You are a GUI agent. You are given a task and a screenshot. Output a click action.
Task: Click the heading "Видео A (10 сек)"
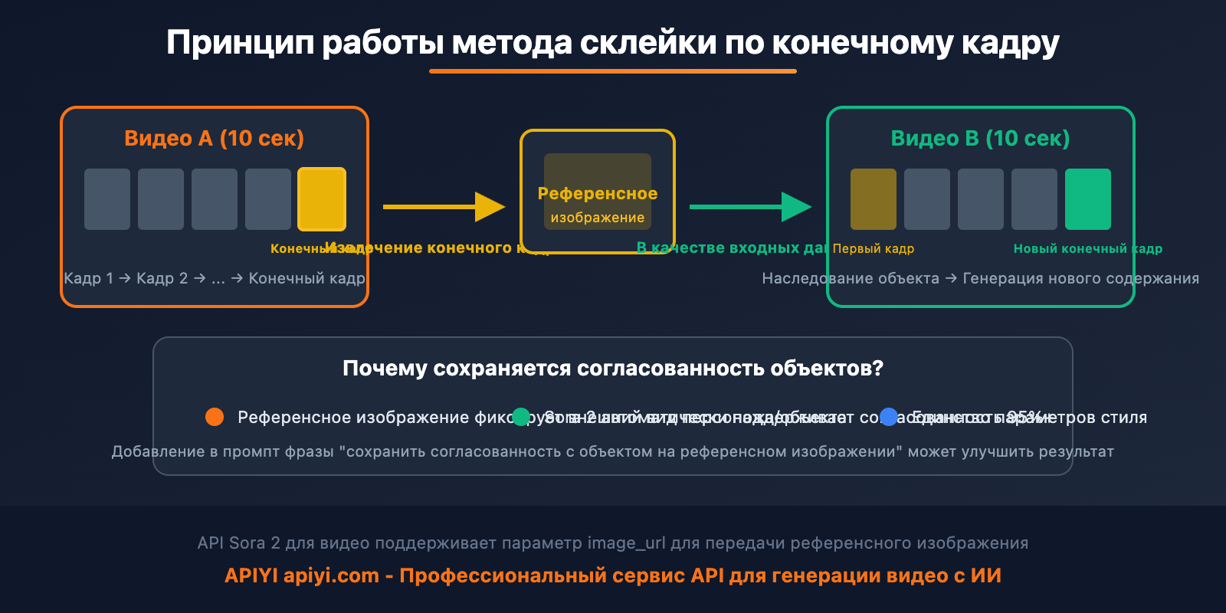tap(214, 139)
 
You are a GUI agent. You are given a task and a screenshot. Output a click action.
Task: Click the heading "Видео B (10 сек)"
tap(980, 139)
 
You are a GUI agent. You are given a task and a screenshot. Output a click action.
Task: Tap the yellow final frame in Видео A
tap(322, 199)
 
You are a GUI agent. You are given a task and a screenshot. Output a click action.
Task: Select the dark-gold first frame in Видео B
tap(874, 199)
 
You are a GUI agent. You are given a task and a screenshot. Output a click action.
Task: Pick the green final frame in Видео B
tap(1088, 199)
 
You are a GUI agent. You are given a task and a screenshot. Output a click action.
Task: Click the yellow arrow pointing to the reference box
tap(444, 207)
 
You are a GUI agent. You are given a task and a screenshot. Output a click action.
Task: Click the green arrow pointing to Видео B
tap(750, 207)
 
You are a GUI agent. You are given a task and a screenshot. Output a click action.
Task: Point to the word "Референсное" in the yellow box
tap(598, 194)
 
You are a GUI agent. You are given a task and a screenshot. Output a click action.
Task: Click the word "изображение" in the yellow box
tap(598, 218)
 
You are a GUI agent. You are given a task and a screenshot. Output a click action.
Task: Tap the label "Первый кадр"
tap(874, 248)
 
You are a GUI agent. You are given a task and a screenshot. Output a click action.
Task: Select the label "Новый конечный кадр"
tap(1087, 248)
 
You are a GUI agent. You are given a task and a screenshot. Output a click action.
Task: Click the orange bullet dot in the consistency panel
tap(215, 417)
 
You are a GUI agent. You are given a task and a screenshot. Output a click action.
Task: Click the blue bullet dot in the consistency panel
tap(889, 417)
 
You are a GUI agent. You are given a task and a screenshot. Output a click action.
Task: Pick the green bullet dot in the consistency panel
tap(521, 417)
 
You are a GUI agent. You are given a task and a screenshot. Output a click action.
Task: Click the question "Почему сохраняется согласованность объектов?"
tap(613, 369)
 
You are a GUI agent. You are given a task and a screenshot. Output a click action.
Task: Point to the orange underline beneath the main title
tap(613, 71)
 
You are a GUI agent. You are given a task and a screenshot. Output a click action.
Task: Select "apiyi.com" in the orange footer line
tap(331, 576)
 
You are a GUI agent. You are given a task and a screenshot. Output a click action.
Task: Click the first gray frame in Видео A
tap(107, 199)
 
